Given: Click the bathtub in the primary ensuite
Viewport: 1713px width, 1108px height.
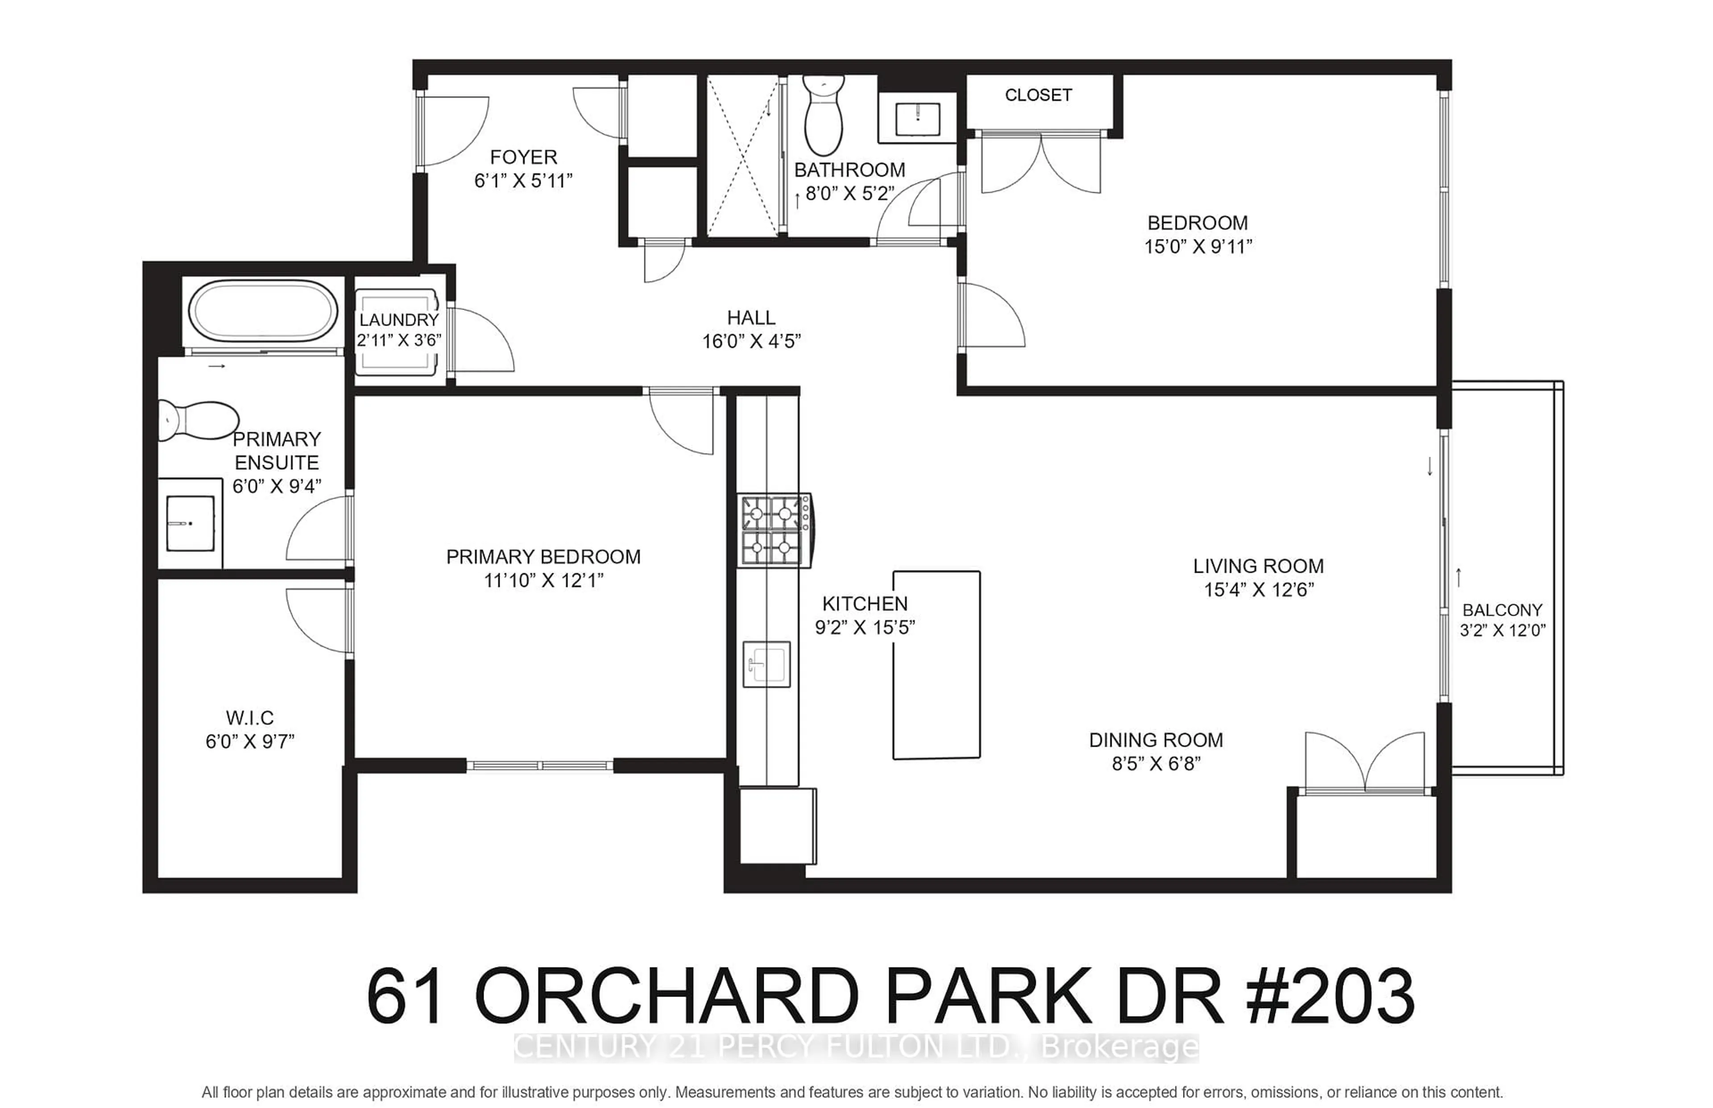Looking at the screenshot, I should tap(263, 311).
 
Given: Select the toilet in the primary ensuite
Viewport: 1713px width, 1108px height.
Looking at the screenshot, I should tap(198, 420).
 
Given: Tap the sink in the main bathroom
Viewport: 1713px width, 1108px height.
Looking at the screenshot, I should tap(917, 119).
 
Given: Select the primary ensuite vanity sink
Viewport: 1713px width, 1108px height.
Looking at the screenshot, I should tap(190, 523).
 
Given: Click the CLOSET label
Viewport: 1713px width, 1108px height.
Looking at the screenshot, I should tap(1038, 95).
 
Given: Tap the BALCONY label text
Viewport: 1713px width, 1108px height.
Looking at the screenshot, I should tap(1502, 610).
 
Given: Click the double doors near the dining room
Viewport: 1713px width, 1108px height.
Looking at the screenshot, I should tap(1364, 763).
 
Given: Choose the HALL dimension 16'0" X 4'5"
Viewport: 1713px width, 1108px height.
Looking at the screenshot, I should tap(751, 342).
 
